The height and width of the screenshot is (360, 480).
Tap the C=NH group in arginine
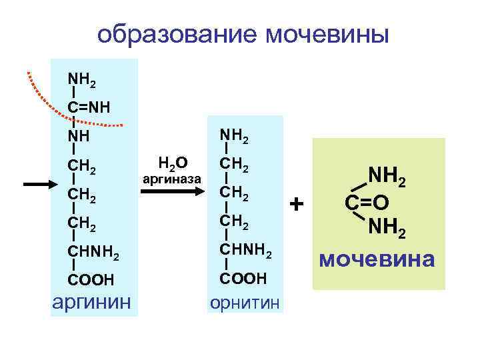[x=89, y=108]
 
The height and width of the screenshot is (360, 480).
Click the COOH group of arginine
[x=91, y=279]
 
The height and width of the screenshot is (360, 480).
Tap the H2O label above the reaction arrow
[x=172, y=162]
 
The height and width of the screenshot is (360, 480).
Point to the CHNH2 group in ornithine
[x=246, y=251]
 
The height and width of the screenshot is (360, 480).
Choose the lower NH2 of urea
[x=389, y=229]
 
